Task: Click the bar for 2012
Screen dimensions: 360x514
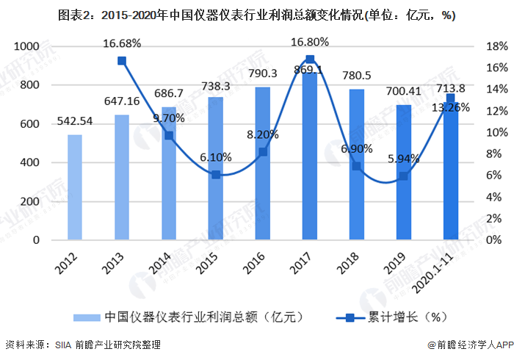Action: [75, 187]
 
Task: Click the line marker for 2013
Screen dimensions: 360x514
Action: [122, 61]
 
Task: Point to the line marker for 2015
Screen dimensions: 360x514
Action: [216, 175]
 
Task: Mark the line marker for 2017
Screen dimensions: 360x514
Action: [310, 60]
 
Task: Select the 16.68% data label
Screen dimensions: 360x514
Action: [122, 43]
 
